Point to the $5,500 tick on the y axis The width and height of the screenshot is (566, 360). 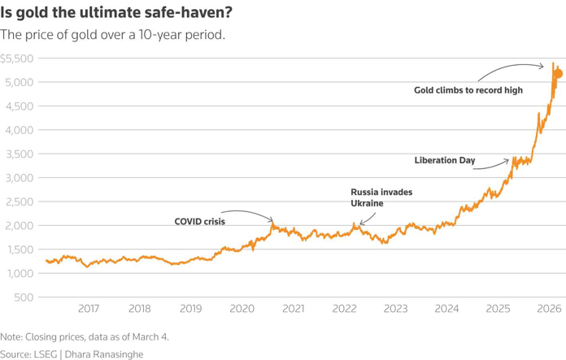click(x=16, y=59)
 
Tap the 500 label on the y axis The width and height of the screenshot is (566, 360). click(x=23, y=297)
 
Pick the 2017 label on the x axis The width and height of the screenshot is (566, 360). click(x=89, y=309)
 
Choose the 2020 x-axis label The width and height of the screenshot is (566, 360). click(x=242, y=309)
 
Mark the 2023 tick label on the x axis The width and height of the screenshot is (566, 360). click(x=396, y=309)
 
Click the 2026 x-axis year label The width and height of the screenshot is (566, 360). click(x=550, y=309)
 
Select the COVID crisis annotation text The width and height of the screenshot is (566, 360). click(x=199, y=221)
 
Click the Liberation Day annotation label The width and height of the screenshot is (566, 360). click(x=444, y=161)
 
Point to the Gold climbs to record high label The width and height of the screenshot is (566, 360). click(x=468, y=90)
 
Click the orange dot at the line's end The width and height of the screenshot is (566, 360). click(x=558, y=74)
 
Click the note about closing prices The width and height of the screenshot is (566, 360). click(x=85, y=336)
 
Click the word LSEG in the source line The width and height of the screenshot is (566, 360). click(x=47, y=353)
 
